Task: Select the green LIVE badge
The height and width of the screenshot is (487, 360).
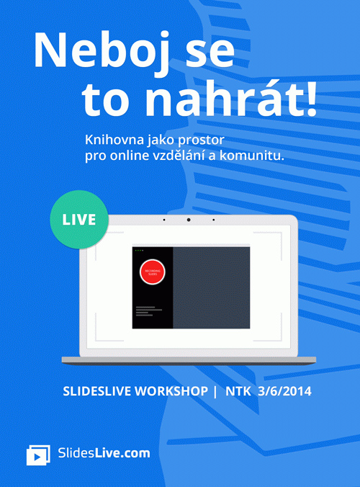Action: [78, 219]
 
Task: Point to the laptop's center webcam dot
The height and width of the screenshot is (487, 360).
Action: [188, 219]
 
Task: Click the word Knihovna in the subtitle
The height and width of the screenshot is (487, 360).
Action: [112, 139]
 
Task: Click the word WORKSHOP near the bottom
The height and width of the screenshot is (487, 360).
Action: [171, 392]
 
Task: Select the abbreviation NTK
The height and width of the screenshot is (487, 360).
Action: [238, 392]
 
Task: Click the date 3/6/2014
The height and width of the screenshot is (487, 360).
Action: [287, 392]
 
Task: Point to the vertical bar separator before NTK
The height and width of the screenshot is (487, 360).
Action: [214, 392]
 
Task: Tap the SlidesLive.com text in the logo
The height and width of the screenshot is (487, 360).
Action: [104, 453]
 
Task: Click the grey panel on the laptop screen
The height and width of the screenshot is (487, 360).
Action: [212, 288]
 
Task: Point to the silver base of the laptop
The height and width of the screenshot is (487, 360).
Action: [189, 359]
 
